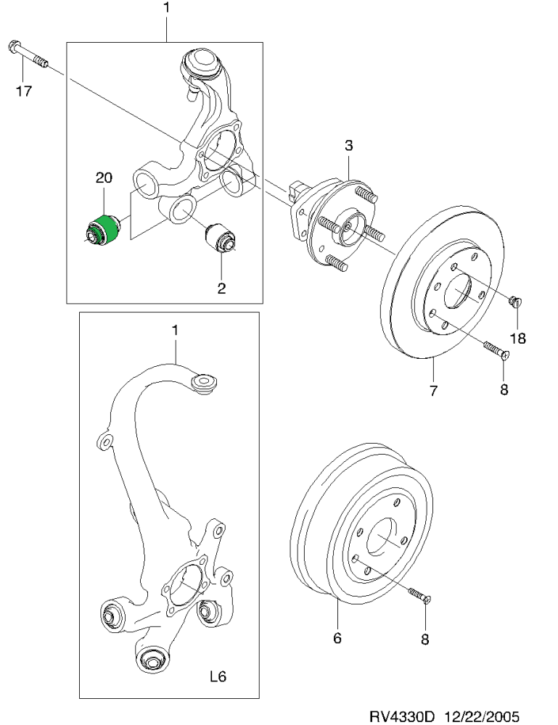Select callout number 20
104,178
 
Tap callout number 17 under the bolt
24,91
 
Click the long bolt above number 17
28,54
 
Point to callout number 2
221,289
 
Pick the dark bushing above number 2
221,238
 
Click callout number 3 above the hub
348,146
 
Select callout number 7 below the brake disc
433,391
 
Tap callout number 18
519,339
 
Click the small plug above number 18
515,302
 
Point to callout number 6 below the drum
337,638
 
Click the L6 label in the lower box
218,677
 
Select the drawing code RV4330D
401,716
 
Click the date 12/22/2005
482,716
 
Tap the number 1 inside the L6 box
174,331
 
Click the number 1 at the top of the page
166,8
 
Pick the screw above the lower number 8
420,595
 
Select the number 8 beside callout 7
504,390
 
